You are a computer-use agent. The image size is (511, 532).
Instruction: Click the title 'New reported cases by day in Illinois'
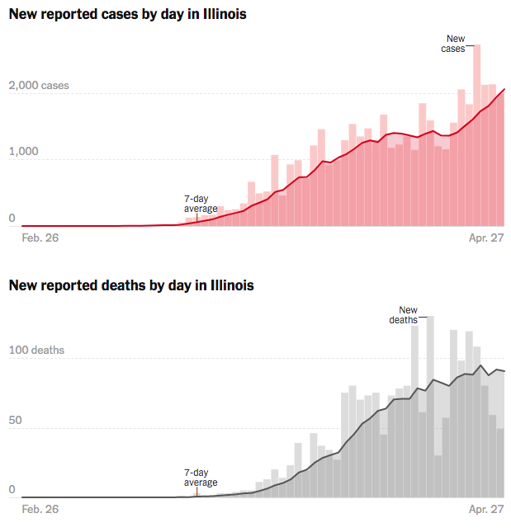point(127,15)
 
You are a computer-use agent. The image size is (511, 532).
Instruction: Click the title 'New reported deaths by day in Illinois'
point(131,285)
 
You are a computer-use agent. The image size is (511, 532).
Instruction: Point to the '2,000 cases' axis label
point(40,86)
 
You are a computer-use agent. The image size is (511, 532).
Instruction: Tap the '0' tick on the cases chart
point(12,219)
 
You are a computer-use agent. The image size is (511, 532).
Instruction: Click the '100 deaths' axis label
point(36,351)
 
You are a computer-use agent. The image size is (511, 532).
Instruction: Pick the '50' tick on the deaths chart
point(16,421)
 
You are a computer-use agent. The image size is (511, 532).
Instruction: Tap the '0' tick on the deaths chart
point(12,490)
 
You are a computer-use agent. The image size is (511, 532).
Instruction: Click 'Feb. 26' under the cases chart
point(40,238)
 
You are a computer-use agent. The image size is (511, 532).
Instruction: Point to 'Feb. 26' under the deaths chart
point(40,509)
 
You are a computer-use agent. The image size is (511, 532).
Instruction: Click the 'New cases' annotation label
point(456,44)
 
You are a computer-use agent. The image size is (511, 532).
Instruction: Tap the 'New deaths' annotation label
point(404,315)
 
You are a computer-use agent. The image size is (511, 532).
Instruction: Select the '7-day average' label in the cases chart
point(201,204)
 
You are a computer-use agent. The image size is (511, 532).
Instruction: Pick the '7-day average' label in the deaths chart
point(201,478)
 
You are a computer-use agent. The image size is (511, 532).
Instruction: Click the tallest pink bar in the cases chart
point(477,132)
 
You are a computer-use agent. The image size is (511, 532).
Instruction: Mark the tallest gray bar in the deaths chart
point(430,404)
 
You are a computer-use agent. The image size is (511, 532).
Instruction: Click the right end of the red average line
point(504,89)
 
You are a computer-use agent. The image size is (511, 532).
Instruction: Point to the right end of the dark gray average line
point(504,371)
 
